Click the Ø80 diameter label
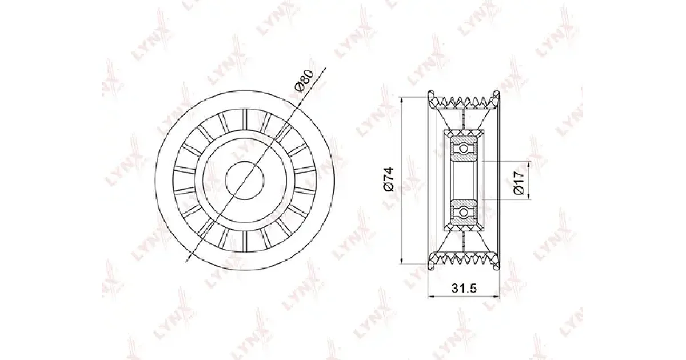304,81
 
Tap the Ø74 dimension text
389,179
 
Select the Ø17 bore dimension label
520,183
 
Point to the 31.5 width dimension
464,288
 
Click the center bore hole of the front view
245,181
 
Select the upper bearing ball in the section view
464,149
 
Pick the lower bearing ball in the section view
464,212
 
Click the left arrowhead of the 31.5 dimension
431,297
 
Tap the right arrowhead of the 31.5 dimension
496,297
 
